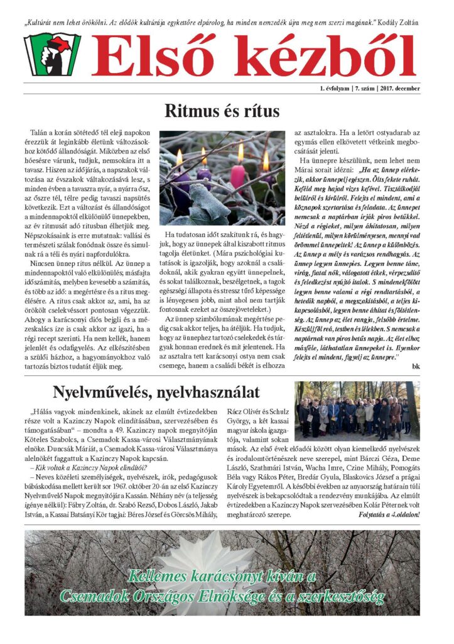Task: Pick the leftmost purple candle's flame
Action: coord(179,157)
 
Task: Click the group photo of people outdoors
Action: coord(355,410)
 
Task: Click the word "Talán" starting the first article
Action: coord(40,134)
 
